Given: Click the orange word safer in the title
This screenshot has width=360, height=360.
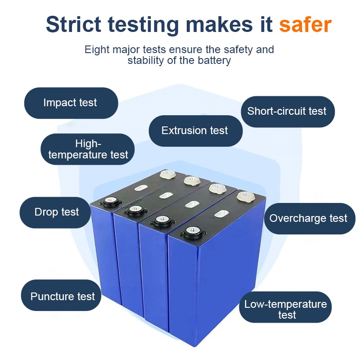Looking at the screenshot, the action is [305, 24].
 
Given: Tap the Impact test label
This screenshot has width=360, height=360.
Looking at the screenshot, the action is [71, 103].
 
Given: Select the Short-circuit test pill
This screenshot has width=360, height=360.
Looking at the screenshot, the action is [288, 112].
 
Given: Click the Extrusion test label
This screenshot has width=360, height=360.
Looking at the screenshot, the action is [196, 131].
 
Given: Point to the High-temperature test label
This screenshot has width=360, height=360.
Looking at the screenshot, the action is [87, 149].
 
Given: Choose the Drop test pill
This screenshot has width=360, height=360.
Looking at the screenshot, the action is [55, 212].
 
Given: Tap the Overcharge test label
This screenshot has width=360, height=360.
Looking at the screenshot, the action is [310, 219].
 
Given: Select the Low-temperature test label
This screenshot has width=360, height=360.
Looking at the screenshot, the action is [285, 307].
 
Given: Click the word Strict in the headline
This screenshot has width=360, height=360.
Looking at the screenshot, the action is [73, 24].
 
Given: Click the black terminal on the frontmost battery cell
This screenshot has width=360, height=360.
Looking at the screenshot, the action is [193, 232].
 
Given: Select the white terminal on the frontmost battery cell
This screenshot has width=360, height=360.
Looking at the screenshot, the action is [245, 197].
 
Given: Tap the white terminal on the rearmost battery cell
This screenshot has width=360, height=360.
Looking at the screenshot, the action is [167, 174].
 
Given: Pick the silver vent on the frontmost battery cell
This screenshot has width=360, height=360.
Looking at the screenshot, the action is [221, 214].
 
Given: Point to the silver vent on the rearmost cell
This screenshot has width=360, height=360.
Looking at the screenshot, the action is [141, 188].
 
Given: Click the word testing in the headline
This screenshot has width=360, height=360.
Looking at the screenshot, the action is [143, 25].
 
